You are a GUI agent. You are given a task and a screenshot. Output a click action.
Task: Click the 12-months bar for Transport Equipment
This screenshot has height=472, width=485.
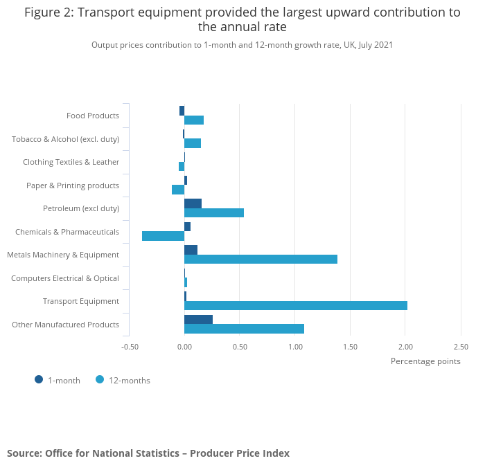(296, 305)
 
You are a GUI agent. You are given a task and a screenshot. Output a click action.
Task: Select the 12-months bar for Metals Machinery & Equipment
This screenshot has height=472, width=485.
(261, 259)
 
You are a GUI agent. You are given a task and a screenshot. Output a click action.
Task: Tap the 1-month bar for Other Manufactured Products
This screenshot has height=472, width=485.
(198, 319)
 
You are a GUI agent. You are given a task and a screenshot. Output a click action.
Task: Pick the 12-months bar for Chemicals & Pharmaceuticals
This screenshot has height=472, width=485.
(163, 236)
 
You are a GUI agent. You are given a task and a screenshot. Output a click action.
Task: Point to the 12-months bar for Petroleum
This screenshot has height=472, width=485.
(214, 212)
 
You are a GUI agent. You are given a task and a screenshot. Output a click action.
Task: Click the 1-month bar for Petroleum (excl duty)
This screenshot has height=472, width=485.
(193, 203)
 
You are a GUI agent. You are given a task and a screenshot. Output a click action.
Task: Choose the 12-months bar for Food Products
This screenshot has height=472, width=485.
(194, 120)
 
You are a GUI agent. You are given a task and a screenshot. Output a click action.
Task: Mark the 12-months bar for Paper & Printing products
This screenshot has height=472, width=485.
(178, 190)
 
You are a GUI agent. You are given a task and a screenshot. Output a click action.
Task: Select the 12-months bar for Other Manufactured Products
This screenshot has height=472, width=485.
(244, 328)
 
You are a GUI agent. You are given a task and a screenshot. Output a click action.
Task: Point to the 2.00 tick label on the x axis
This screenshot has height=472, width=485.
(405, 347)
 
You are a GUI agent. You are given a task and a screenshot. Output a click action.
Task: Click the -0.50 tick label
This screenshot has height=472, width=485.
(130, 347)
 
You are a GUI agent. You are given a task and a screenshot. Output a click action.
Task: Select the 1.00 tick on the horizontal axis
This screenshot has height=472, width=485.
(295, 347)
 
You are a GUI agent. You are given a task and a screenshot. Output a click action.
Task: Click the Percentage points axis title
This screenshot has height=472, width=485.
(425, 361)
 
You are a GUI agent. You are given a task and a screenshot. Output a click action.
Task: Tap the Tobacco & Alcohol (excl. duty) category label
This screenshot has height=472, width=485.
(65, 139)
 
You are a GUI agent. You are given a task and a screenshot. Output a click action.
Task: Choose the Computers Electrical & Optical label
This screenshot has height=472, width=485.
(65, 278)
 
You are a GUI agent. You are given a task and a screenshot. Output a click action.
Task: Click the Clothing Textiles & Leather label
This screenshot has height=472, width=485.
(71, 162)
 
